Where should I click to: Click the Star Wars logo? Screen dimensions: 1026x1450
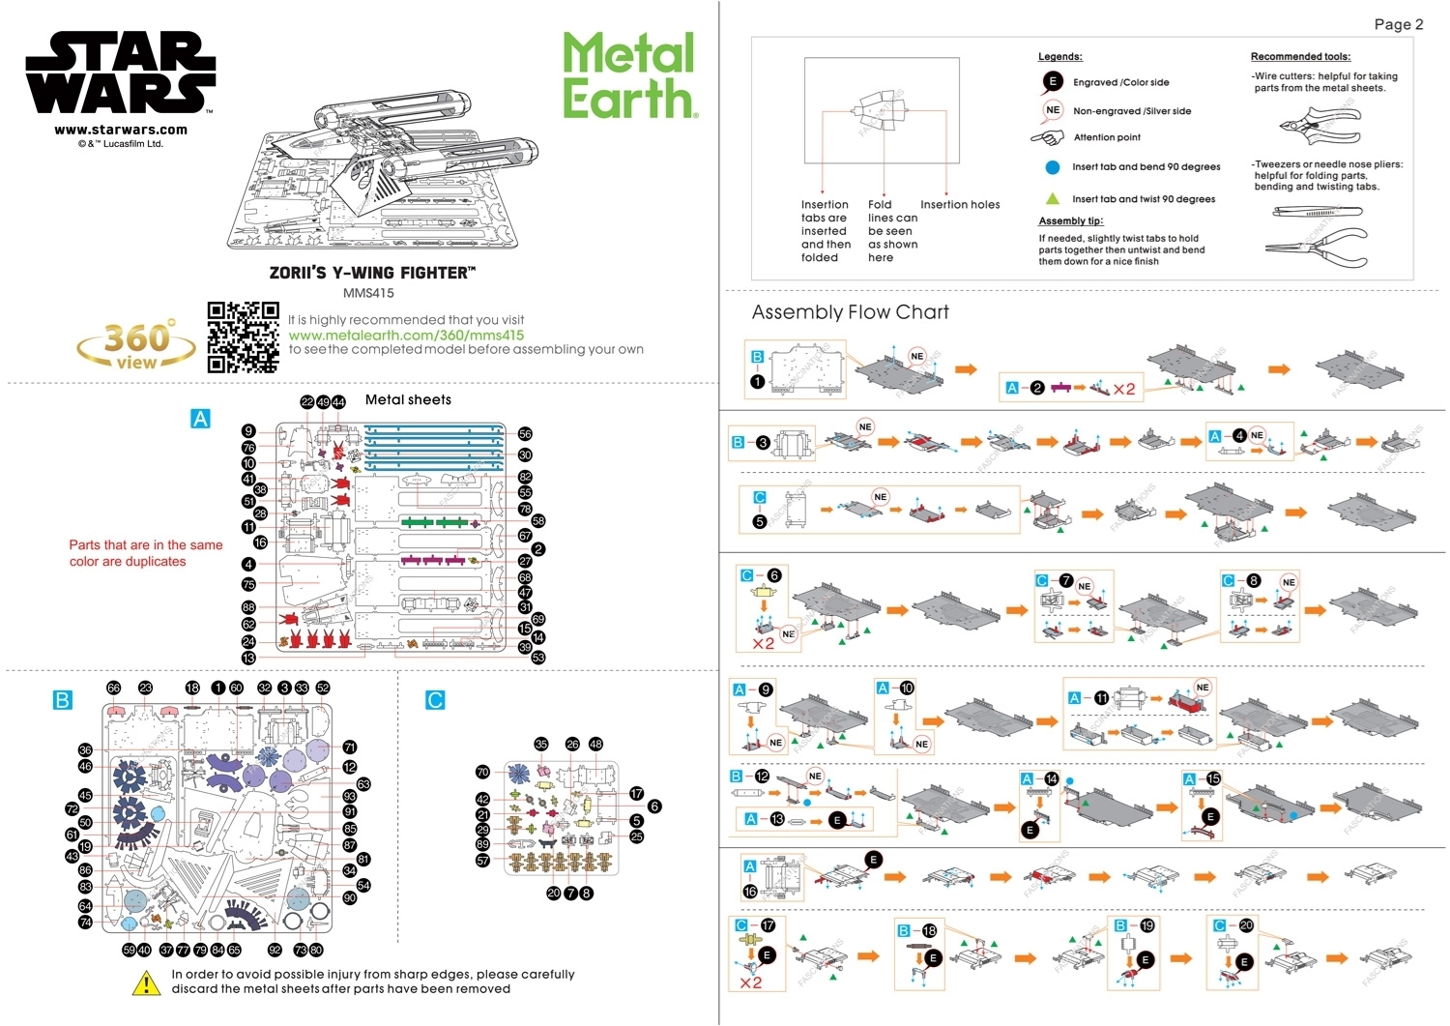pyautogui.click(x=121, y=73)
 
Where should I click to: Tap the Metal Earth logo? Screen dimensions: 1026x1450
pyautogui.click(x=629, y=76)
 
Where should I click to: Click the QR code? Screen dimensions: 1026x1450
pyautogui.click(x=243, y=337)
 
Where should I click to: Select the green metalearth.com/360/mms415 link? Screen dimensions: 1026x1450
pyautogui.click(x=406, y=336)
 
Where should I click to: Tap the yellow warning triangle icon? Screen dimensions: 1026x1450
pyautogui.click(x=146, y=983)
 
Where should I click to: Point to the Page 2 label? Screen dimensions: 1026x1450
pyautogui.click(x=1398, y=24)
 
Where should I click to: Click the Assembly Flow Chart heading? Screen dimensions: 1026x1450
pyautogui.click(x=850, y=312)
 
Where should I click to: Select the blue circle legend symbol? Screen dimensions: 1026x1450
pyautogui.click(x=1053, y=167)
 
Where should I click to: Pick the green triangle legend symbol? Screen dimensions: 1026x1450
pyautogui.click(x=1053, y=198)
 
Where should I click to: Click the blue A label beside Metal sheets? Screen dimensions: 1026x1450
pyautogui.click(x=200, y=419)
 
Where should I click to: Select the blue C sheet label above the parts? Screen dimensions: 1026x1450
pyautogui.click(x=435, y=700)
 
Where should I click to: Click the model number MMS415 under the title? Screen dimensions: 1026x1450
pyautogui.click(x=368, y=293)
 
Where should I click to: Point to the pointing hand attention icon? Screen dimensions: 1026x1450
pyautogui.click(x=1048, y=137)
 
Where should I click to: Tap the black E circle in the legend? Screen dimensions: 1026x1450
pyautogui.click(x=1053, y=82)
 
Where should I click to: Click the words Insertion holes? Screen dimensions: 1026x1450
pyautogui.click(x=959, y=205)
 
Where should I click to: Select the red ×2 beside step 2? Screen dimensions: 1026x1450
pyautogui.click(x=1123, y=389)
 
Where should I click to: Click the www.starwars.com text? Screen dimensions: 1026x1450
pyautogui.click(x=121, y=130)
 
